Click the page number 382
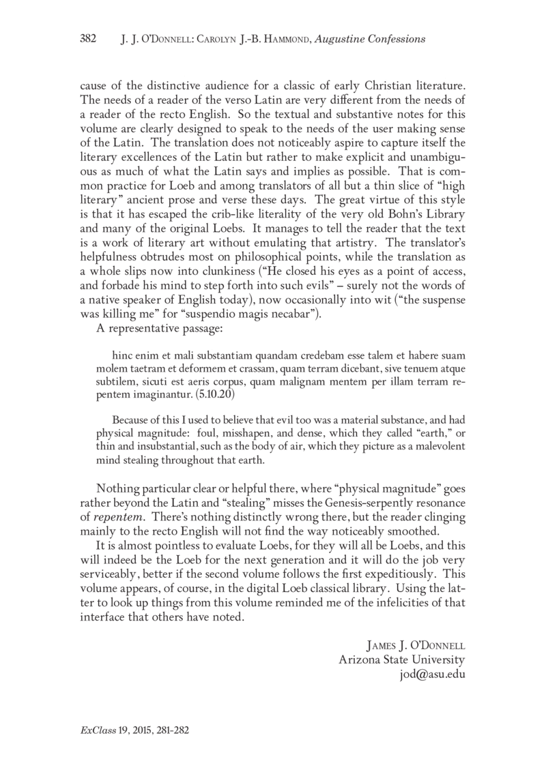coord(90,39)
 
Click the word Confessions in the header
coord(393,39)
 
